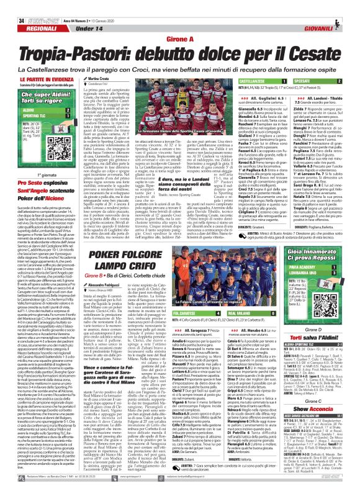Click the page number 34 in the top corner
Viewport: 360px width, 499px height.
pos(12,6)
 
